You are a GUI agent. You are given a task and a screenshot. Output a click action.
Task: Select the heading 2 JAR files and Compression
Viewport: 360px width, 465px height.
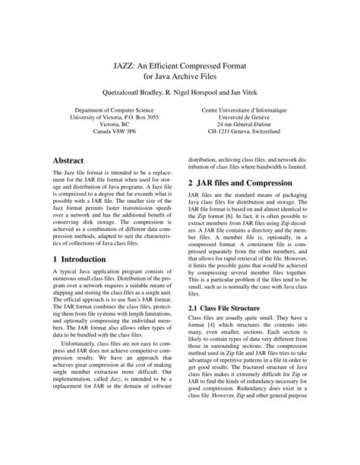point(249,184)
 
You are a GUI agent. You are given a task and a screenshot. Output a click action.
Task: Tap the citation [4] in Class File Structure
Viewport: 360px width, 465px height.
point(216,327)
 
